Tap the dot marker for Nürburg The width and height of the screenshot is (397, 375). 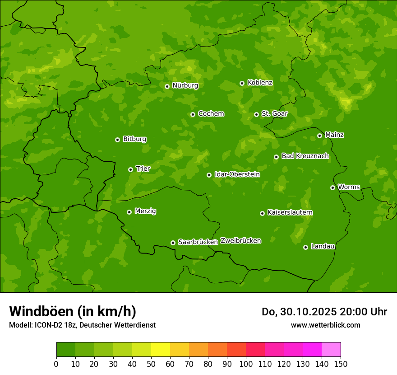167,86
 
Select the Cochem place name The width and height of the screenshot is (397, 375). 211,113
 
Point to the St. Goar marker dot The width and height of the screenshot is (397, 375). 256,114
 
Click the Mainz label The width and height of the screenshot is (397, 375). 334,135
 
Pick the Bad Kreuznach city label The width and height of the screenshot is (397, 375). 305,156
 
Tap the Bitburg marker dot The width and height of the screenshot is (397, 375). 117,140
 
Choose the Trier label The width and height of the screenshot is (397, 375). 143,169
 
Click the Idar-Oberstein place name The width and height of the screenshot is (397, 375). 237,174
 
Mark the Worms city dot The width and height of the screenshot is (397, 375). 332,187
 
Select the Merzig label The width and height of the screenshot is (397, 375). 145,211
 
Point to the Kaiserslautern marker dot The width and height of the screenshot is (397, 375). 262,213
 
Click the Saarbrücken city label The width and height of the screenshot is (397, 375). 198,242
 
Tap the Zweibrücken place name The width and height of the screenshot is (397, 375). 240,240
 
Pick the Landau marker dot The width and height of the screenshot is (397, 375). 305,247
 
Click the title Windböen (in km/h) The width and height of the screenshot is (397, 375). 72,311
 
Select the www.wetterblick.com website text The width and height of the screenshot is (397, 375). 325,325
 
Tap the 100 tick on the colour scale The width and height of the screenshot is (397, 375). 246,364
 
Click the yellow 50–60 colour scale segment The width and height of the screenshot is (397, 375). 161,350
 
